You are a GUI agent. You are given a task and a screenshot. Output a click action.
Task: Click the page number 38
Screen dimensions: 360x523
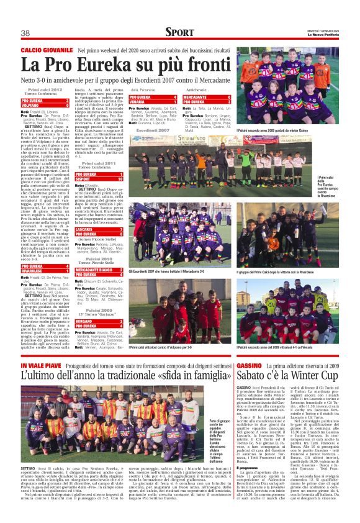tap(26, 33)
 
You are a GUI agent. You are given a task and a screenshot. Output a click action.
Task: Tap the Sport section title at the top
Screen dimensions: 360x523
tap(179, 32)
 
